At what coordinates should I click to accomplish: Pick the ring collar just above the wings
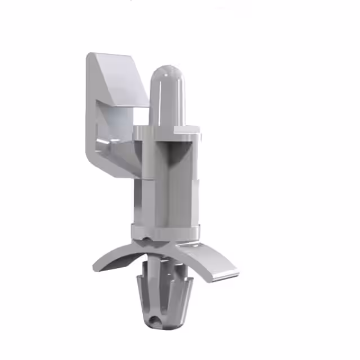(166, 231)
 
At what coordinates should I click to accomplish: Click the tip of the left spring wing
(97, 268)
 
